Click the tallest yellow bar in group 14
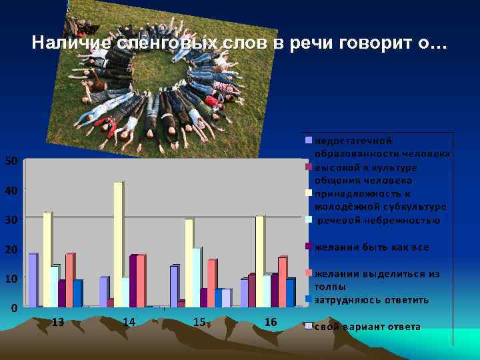click(x=118, y=244)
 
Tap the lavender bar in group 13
click(x=32, y=280)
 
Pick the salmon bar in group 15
click(x=211, y=283)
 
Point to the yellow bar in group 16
click(x=259, y=261)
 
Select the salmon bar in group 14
click(x=141, y=280)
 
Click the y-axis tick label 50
click(x=11, y=161)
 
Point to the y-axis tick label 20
click(x=11, y=249)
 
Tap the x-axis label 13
click(x=58, y=323)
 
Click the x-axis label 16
click(x=271, y=323)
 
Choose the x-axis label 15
click(x=199, y=322)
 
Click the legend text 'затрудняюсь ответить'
click(x=371, y=300)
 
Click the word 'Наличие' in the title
click(x=73, y=44)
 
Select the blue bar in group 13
click(x=77, y=293)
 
